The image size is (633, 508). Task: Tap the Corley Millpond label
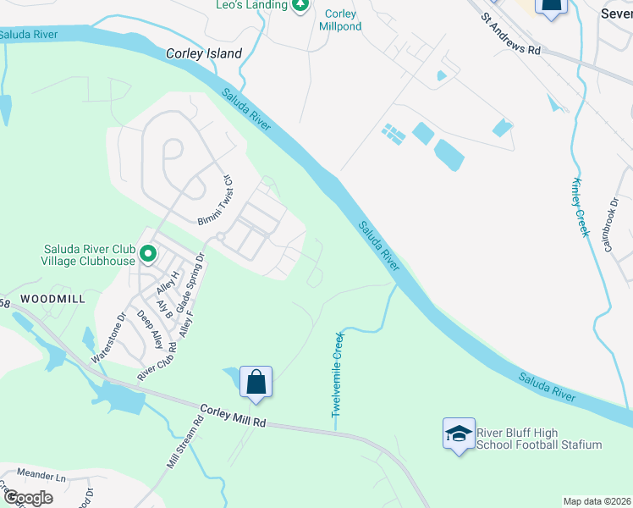tap(340, 20)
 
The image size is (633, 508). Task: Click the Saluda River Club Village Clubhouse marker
tap(148, 253)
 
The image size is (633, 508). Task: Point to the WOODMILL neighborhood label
tap(53, 299)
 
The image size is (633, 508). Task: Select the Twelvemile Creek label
tap(338, 374)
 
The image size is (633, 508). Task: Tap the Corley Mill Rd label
tap(234, 417)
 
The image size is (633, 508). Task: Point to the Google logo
tap(27, 498)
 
